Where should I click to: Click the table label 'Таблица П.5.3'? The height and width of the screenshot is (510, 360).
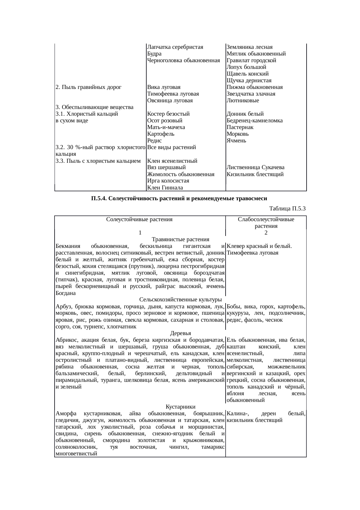[x=287, y=209]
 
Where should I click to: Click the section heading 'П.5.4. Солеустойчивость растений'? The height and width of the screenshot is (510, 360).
[x=179, y=198]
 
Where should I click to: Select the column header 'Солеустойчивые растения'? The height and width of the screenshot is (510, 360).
[x=140, y=220]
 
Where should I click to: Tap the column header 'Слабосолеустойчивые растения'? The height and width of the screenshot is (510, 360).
[x=266, y=223]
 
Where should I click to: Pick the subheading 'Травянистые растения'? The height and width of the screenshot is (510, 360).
[x=180, y=239]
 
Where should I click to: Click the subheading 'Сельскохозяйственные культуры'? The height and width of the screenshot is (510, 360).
[x=181, y=300]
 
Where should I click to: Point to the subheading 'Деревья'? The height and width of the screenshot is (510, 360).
[x=180, y=333]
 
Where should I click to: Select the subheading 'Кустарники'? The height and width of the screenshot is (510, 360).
[x=180, y=407]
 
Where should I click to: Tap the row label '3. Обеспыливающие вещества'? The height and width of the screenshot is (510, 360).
[x=94, y=107]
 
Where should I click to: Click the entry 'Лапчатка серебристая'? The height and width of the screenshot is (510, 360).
[x=175, y=47]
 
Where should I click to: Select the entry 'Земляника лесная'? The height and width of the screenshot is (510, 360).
[x=249, y=47]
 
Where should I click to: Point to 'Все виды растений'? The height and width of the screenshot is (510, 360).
[x=171, y=147]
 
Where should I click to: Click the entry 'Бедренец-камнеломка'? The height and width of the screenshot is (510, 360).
[x=255, y=121]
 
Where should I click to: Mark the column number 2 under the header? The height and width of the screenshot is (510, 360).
[x=266, y=233]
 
